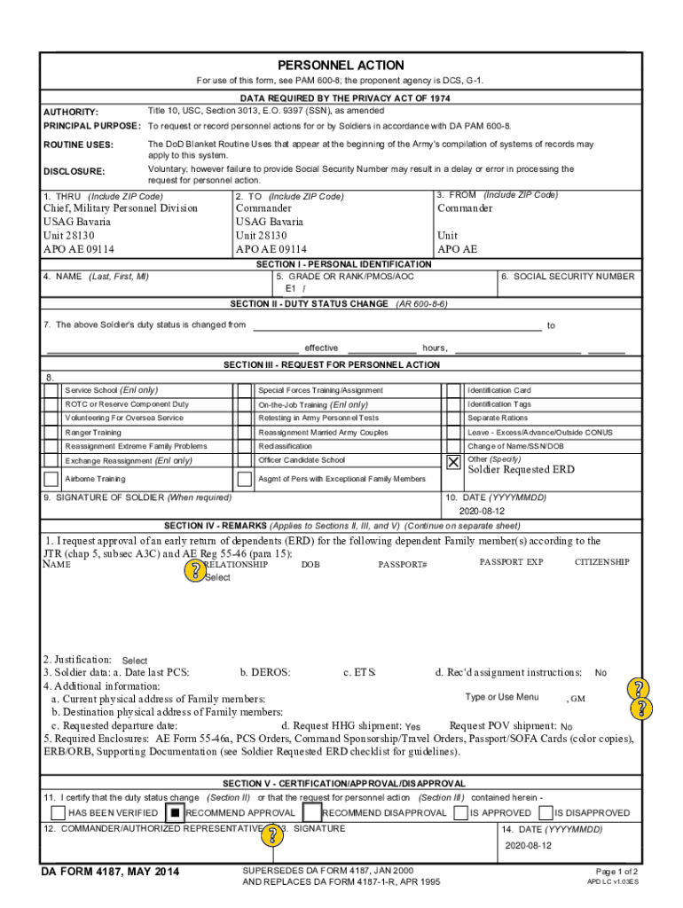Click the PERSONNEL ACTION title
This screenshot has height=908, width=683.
(341, 66)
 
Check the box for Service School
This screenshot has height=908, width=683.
(51, 390)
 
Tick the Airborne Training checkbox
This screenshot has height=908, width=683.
(51, 479)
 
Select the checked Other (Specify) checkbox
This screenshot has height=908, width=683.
(453, 462)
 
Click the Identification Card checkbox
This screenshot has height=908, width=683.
(453, 390)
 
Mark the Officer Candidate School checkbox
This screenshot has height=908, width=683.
(244, 461)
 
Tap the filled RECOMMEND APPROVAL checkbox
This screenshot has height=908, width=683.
(175, 812)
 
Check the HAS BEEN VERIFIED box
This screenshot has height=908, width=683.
(59, 812)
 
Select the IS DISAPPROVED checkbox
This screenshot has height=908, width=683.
(544, 812)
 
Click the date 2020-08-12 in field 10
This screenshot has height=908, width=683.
(482, 512)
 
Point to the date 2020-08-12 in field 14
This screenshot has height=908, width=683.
(528, 845)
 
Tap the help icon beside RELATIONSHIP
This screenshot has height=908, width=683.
(192, 571)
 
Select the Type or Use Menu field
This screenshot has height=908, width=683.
(502, 697)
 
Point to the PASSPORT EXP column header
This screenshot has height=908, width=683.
(511, 562)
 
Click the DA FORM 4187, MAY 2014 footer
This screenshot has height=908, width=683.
(110, 873)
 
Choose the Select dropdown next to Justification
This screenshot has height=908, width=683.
(135, 661)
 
